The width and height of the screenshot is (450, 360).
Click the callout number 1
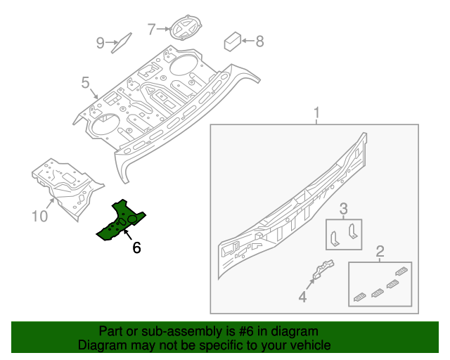coord(316,113)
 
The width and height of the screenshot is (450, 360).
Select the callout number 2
coord(380,251)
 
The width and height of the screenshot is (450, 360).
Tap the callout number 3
coord(343,209)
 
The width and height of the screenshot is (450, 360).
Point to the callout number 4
coord(302,297)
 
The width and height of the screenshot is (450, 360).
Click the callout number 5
coord(85,84)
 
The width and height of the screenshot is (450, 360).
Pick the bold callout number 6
coord(136,247)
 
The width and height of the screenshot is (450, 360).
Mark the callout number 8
coord(259,41)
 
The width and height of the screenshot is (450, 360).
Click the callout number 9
coord(100,44)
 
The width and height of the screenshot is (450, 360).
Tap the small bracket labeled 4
coord(322,271)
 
